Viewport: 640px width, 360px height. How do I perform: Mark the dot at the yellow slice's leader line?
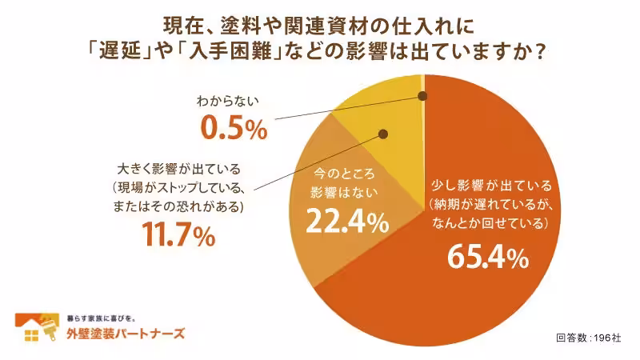tap(383, 134)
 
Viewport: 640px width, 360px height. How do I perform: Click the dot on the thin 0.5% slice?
tap(422, 96)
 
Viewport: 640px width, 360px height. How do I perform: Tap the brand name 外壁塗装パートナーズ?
tap(125, 334)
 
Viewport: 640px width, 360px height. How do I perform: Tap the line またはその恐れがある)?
tap(178, 206)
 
